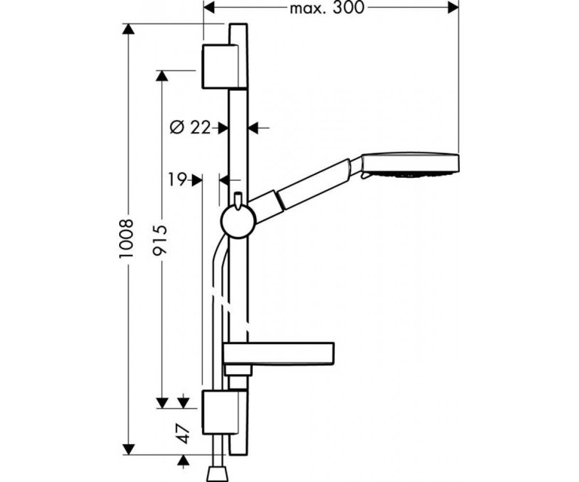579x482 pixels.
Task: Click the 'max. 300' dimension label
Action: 327,8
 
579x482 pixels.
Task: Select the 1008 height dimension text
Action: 126,239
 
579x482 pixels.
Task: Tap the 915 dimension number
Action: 160,240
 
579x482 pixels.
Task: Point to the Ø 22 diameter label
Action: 190,128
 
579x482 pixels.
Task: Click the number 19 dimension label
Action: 178,180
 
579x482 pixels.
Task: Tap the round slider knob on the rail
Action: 238,221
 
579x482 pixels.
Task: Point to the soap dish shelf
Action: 279,354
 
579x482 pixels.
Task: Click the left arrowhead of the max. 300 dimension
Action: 209,8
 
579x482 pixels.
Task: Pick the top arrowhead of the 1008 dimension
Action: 128,29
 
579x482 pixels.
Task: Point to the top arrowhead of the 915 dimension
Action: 162,76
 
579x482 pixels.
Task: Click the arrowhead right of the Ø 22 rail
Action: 253,128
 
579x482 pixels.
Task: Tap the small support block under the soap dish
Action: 238,371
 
